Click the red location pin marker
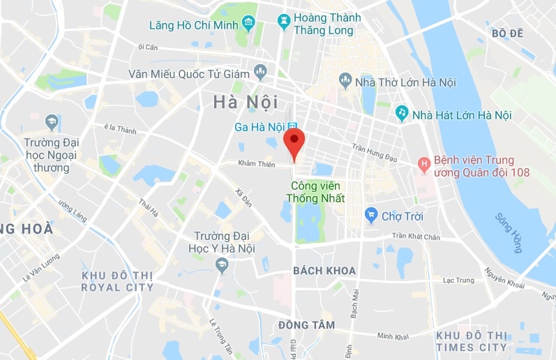295,142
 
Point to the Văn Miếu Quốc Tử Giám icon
261,71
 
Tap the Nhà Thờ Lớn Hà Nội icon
345,82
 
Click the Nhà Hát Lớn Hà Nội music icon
402,113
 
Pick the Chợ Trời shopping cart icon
371,215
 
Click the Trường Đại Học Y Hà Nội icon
222,264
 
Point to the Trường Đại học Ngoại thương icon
51,123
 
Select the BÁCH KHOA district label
324,271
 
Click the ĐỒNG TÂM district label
306,325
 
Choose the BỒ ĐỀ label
507,33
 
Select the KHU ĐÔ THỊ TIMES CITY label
472,341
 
